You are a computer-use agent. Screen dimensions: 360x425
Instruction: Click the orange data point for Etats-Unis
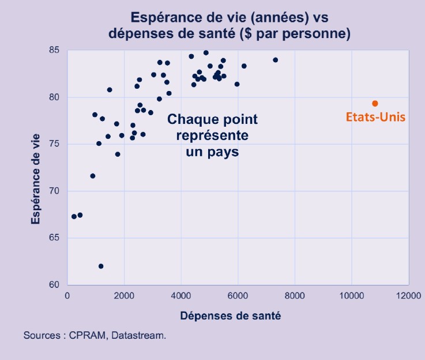pos(375,104)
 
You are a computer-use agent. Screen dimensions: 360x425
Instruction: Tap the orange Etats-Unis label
pos(375,117)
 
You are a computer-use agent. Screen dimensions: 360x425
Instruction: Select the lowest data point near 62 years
pos(101,266)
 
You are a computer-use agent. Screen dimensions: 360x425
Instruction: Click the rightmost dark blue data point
pos(275,60)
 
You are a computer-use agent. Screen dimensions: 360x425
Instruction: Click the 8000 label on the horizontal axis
pos(295,297)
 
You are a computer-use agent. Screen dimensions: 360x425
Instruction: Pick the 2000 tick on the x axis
pos(124,297)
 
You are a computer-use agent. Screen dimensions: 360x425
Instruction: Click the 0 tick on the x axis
pos(67,297)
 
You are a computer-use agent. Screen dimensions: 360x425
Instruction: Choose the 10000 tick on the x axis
pos(351,297)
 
